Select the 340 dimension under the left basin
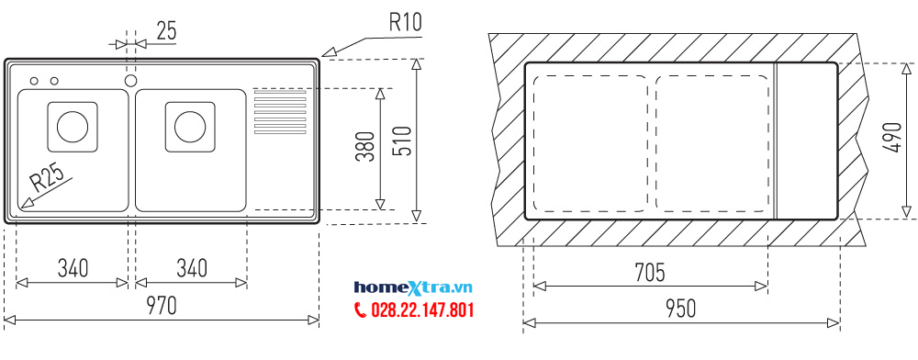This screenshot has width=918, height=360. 73,268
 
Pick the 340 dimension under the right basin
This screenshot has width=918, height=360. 191,268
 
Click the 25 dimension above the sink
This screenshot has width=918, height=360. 166,30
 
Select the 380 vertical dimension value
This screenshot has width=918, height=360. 364,147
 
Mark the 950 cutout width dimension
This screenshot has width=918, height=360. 680,307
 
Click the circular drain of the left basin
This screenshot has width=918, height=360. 71,126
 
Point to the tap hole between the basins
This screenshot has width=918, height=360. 130,81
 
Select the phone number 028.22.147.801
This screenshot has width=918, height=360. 422,310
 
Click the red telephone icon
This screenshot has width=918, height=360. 360,310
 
